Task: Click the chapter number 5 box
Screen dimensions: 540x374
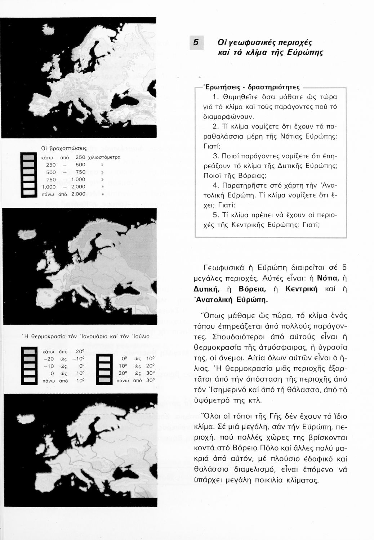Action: point(196,43)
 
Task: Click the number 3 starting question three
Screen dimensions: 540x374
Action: point(215,156)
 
